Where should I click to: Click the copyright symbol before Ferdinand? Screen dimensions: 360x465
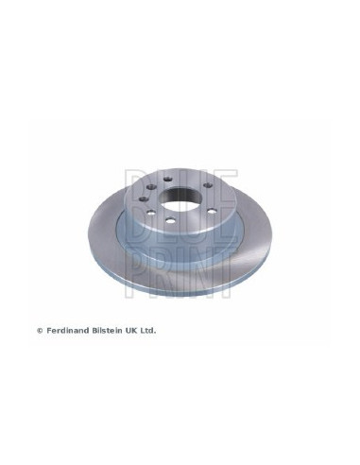pos(40,331)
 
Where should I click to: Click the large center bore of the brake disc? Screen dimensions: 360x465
pos(178,198)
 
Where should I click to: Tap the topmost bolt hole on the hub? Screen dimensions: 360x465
pos(166,180)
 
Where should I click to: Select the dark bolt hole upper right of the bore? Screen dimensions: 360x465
pos(207,185)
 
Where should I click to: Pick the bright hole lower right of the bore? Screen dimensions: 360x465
pos(211,211)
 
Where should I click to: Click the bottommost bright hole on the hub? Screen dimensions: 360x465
pos(170,221)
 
